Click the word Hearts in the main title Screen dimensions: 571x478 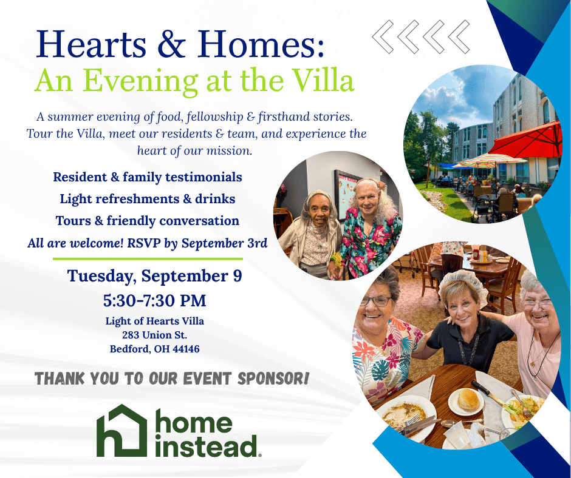[91, 44]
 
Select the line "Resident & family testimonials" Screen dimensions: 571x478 [148, 177]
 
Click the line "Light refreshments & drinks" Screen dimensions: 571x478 [148, 199]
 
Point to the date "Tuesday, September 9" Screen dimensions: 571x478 [154, 276]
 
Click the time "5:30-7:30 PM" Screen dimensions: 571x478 [154, 301]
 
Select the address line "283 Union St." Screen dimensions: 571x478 [155, 335]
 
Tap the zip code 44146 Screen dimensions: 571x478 [186, 349]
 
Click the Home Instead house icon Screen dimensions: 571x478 [121, 431]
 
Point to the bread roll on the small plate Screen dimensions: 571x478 [468, 399]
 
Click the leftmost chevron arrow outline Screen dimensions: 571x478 [383, 37]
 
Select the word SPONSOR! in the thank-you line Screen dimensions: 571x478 [273, 379]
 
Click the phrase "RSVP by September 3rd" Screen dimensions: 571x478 [197, 243]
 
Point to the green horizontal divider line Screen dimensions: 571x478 [148, 259]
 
